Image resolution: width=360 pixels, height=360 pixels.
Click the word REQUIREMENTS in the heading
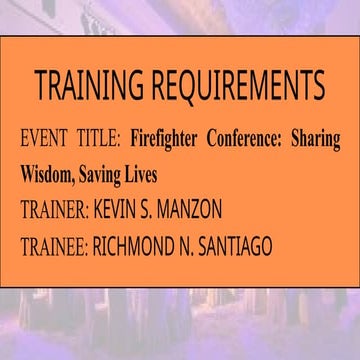[235, 88]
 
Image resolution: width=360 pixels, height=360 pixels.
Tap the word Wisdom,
[54, 174]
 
